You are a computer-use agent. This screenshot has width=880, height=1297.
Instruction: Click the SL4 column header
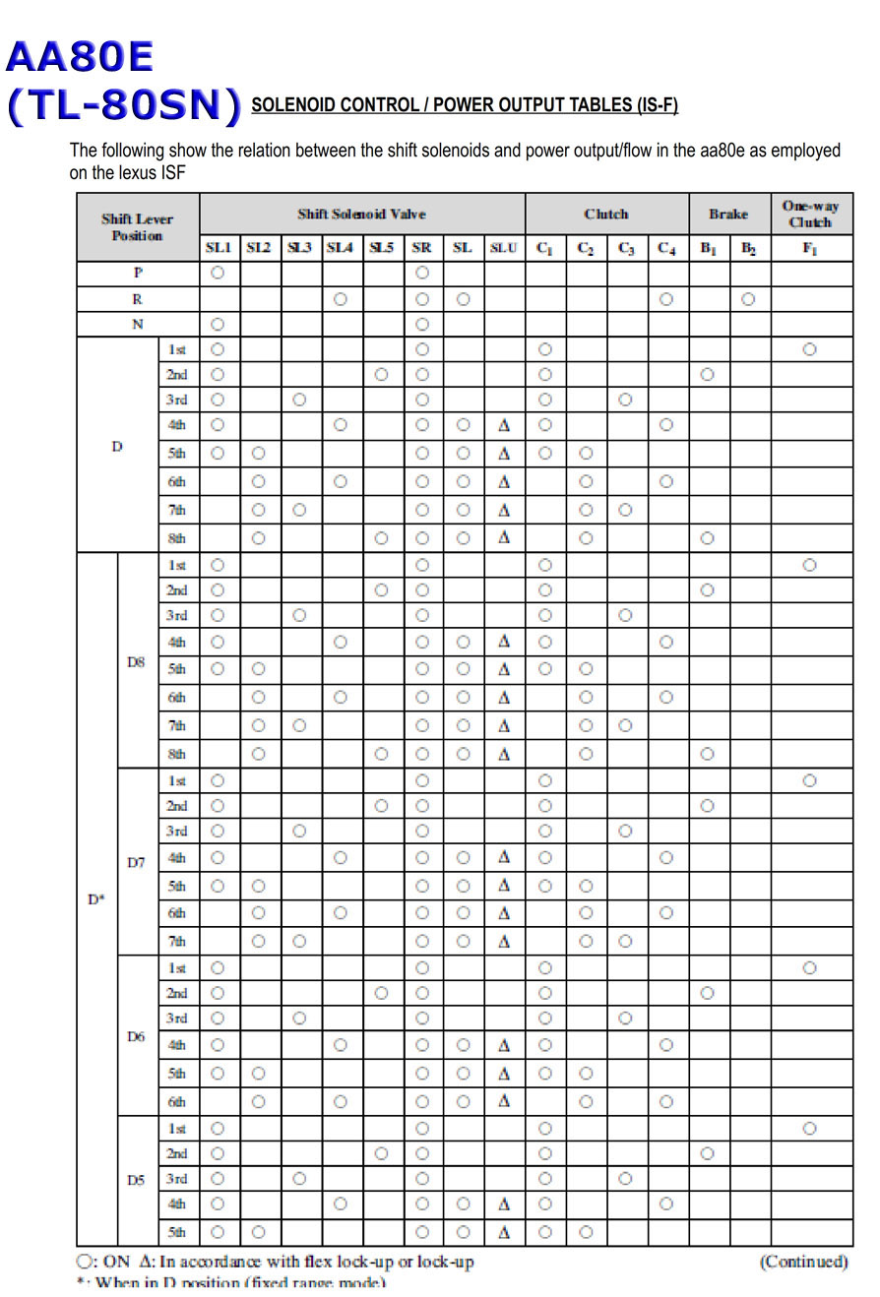[x=340, y=249]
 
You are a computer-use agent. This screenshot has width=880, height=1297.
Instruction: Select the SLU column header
[x=503, y=249]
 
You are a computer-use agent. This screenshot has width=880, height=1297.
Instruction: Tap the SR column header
[x=421, y=249]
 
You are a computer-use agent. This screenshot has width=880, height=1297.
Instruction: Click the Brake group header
[x=728, y=214]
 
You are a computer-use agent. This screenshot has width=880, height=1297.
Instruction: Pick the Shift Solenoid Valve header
[x=362, y=214]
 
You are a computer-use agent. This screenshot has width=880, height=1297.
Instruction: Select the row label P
[x=138, y=273]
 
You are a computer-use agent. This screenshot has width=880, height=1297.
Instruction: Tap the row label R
[x=138, y=299]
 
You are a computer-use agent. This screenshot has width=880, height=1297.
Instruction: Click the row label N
[x=138, y=323]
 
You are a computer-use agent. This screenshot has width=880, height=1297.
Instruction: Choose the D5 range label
[x=136, y=1180]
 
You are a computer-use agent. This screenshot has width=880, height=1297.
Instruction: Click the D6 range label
[x=136, y=1035]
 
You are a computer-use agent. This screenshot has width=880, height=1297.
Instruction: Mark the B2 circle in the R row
[x=749, y=299]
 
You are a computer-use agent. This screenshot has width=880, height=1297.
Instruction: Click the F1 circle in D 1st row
[x=809, y=348]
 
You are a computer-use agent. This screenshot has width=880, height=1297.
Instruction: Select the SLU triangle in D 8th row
[x=503, y=538]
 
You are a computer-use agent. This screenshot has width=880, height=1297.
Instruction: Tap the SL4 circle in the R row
[x=340, y=299]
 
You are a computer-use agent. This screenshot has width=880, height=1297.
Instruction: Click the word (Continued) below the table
[x=803, y=1262]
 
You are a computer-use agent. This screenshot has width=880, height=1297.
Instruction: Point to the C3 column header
[x=625, y=249]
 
